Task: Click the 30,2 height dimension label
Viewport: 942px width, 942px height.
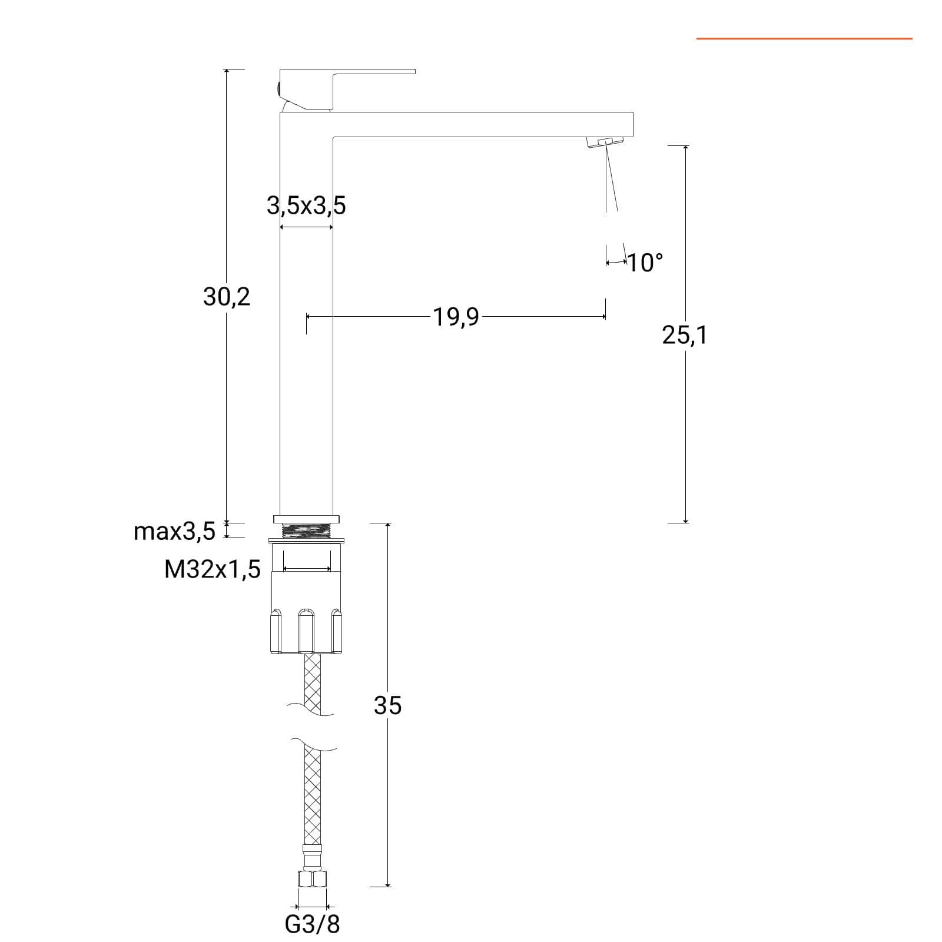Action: click(227, 297)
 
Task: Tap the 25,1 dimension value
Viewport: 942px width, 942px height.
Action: click(684, 336)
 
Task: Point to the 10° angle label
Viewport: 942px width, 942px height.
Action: click(645, 263)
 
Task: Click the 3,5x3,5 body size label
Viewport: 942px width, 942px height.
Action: click(306, 205)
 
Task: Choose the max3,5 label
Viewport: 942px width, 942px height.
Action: click(175, 532)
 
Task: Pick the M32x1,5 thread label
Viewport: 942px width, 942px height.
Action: click(213, 569)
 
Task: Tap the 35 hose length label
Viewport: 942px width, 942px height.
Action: click(387, 705)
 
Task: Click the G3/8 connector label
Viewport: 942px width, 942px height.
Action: click(312, 924)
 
